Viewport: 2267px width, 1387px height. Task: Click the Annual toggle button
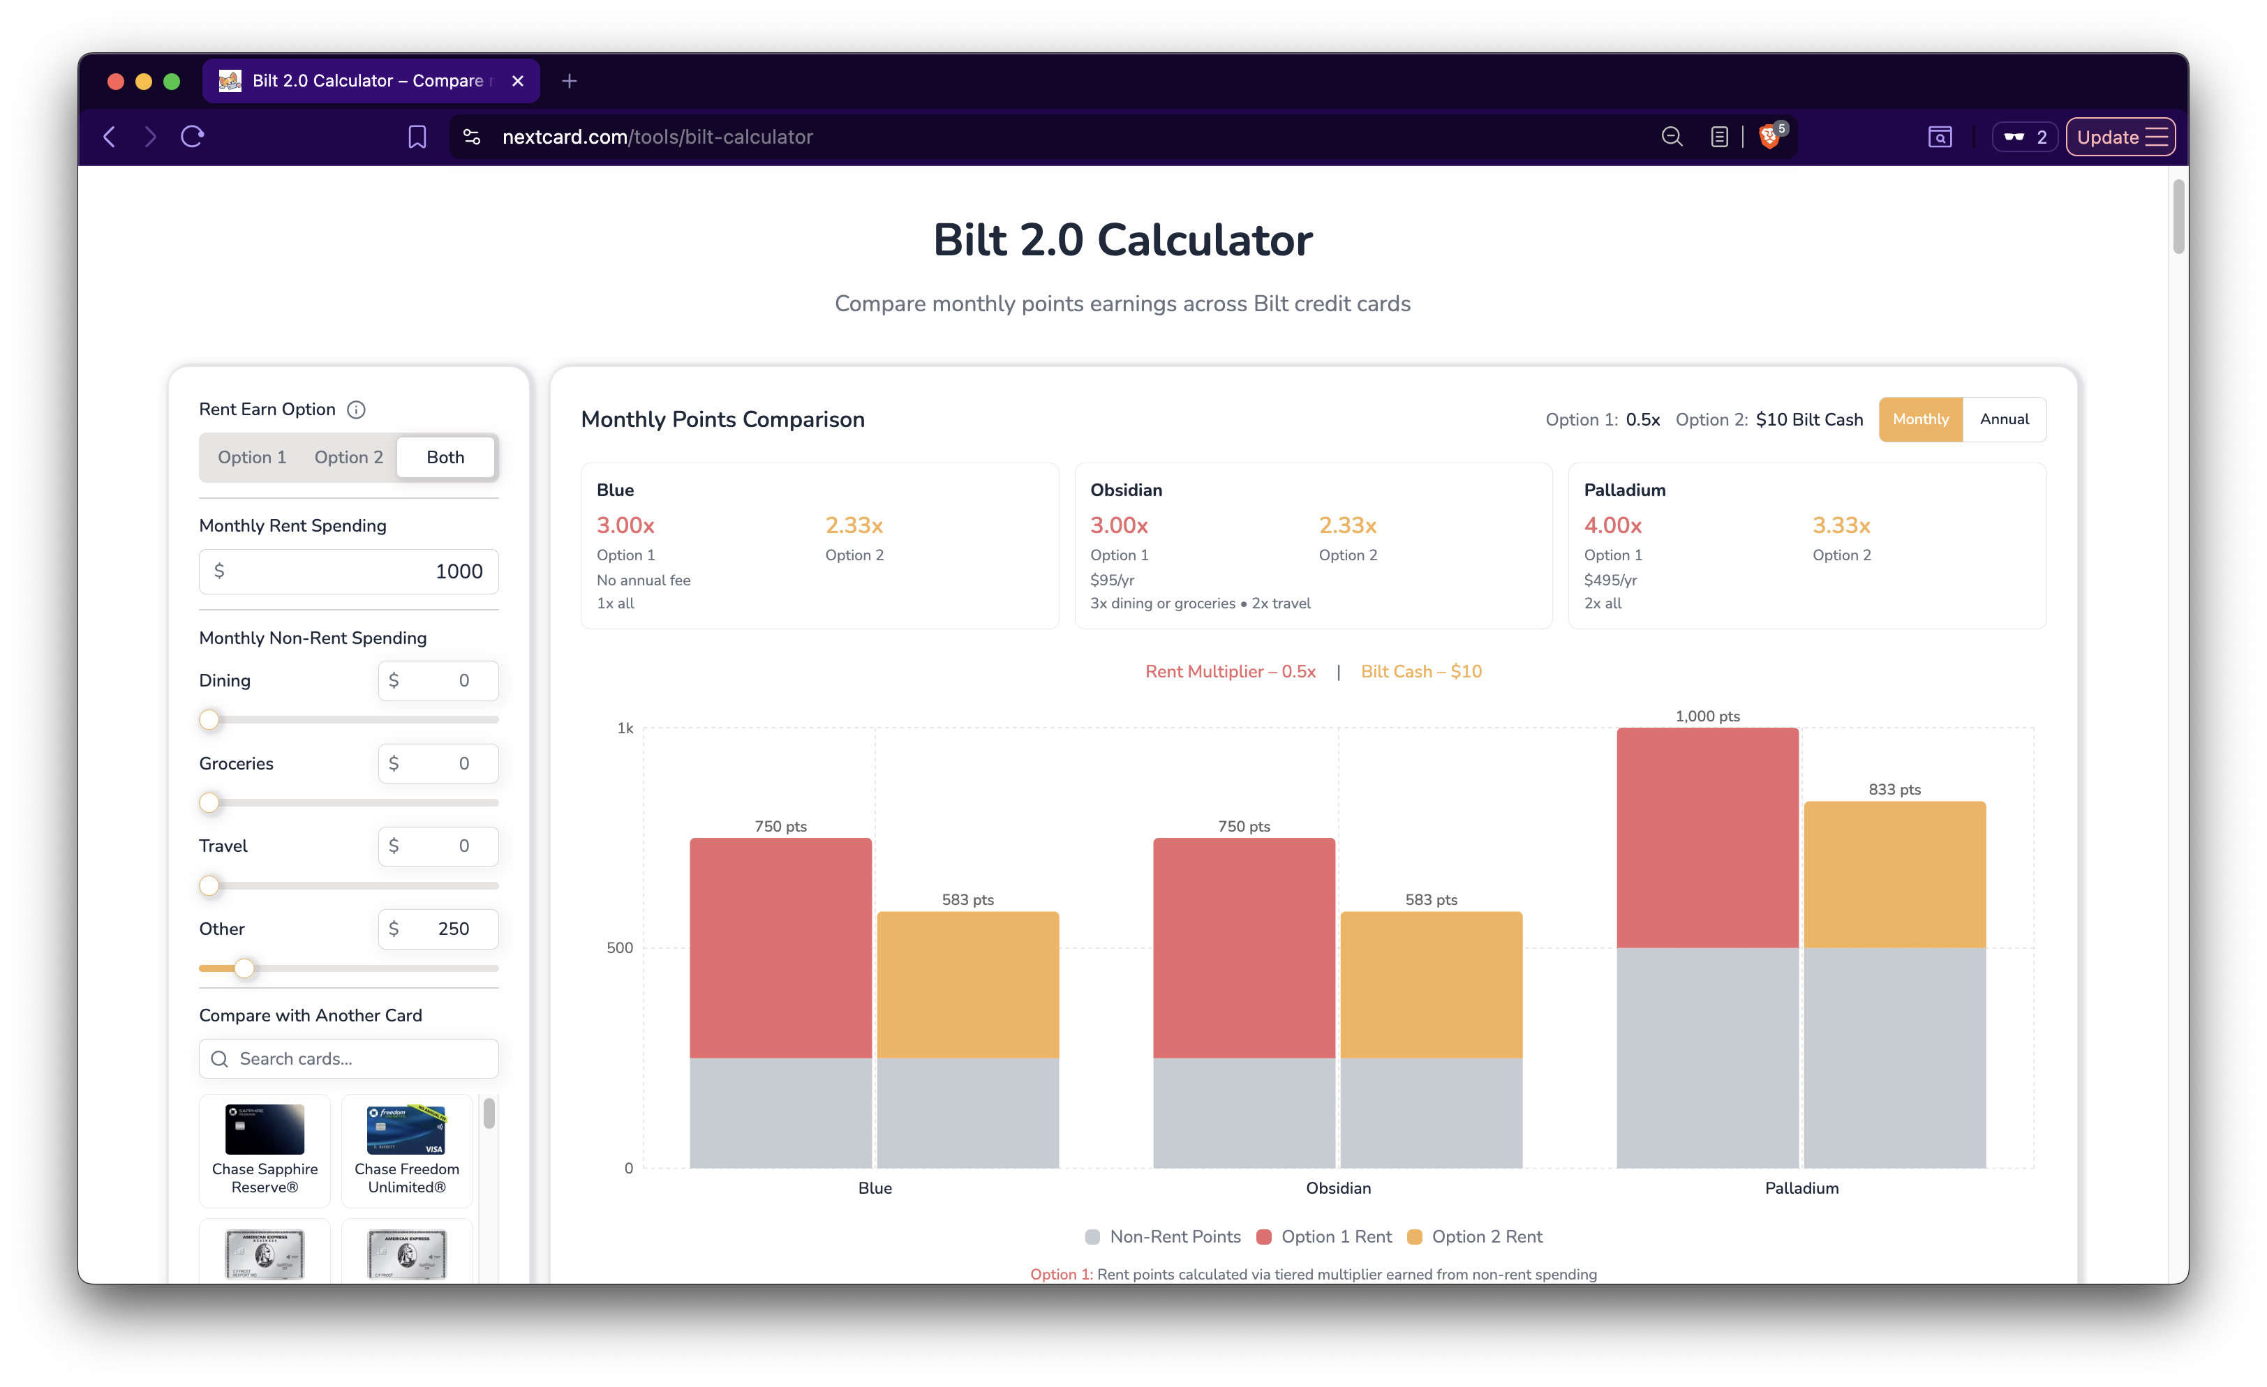pyautogui.click(x=2004, y=419)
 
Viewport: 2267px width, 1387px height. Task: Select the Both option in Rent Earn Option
pyautogui.click(x=445, y=457)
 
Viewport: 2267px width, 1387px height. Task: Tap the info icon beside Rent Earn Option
pyautogui.click(x=356, y=410)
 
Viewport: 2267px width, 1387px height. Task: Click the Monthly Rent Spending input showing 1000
pyautogui.click(x=349, y=571)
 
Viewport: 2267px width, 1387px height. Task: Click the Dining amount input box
pyautogui.click(x=438, y=681)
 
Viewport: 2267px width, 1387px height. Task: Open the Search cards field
pyautogui.click(x=349, y=1058)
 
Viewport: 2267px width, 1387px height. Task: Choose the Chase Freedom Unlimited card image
pyautogui.click(x=407, y=1129)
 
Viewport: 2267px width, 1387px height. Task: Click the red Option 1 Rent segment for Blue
pyautogui.click(x=780, y=947)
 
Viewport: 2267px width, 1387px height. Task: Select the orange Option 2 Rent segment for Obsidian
pyautogui.click(x=1431, y=984)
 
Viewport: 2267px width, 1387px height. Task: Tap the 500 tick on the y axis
pyautogui.click(x=620, y=948)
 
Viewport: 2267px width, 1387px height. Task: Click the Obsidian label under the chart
pyautogui.click(x=1338, y=1188)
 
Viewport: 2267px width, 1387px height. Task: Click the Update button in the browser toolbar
pyautogui.click(x=2119, y=137)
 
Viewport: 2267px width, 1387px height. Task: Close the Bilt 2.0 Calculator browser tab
pyautogui.click(x=518, y=81)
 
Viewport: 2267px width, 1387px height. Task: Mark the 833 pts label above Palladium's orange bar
pyautogui.click(x=1894, y=790)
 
